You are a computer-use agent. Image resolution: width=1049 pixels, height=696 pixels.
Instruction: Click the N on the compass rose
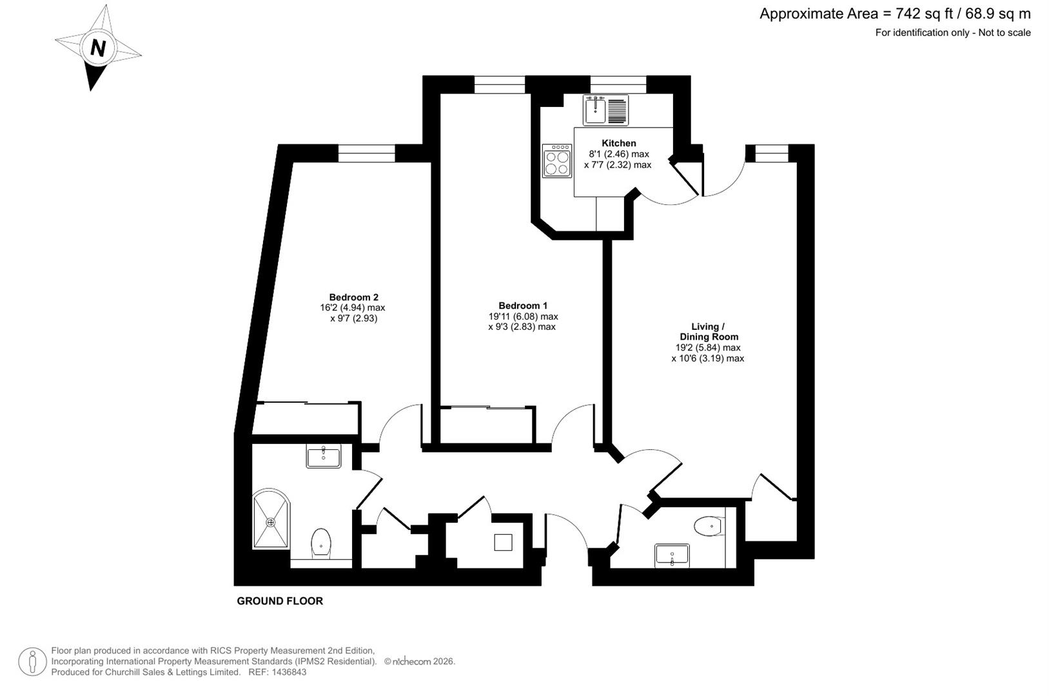pyautogui.click(x=98, y=48)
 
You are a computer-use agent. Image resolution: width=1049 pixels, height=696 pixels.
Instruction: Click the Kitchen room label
pyautogui.click(x=618, y=143)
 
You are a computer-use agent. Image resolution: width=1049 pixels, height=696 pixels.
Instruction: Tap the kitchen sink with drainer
pyautogui.click(x=605, y=110)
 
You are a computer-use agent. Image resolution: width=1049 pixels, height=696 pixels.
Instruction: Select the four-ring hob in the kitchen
pyautogui.click(x=557, y=160)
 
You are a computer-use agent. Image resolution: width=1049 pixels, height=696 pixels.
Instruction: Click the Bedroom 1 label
pyautogui.click(x=522, y=305)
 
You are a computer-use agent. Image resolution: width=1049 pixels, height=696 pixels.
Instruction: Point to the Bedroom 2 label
pyautogui.click(x=353, y=297)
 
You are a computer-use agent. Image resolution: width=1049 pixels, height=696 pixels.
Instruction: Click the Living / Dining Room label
pyautogui.click(x=708, y=331)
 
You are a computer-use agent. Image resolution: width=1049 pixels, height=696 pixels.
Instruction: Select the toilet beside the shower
pyautogui.click(x=320, y=542)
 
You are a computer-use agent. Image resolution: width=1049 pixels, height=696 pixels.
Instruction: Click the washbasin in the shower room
pyautogui.click(x=324, y=457)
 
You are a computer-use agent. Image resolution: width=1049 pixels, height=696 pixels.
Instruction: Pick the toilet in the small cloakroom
pyautogui.click(x=709, y=526)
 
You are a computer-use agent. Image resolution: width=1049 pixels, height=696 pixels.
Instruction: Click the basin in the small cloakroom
pyautogui.click(x=672, y=555)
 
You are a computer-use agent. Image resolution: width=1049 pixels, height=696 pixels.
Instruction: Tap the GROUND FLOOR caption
pyautogui.click(x=280, y=601)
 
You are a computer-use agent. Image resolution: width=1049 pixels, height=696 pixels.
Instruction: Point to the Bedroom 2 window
pyautogui.click(x=366, y=153)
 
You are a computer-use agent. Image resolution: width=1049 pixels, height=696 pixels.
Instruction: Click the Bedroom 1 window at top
pyautogui.click(x=500, y=84)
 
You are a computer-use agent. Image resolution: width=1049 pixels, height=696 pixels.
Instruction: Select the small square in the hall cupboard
pyautogui.click(x=503, y=542)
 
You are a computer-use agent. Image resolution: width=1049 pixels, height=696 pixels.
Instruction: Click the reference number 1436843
pyautogui.click(x=289, y=672)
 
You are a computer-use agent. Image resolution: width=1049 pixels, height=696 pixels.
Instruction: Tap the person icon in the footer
pyautogui.click(x=32, y=662)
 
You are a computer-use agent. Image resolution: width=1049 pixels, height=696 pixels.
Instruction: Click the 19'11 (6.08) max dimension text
pyautogui.click(x=523, y=316)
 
